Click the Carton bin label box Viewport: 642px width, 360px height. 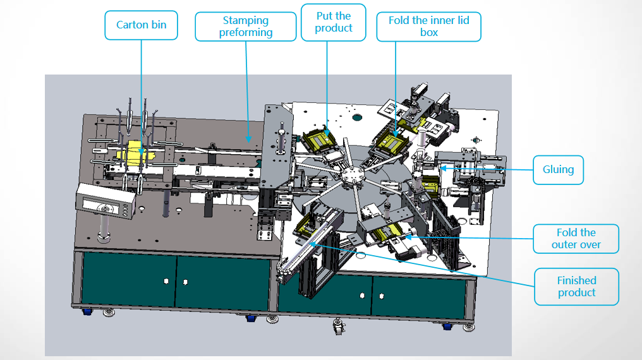tap(140, 25)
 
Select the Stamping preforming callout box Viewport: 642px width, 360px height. tap(245, 27)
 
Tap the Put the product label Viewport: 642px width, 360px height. tap(333, 22)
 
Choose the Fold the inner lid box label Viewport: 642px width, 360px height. tap(428, 27)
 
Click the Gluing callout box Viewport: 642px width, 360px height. tap(558, 169)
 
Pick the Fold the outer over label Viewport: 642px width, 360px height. tap(576, 239)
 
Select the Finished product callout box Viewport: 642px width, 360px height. tap(576, 286)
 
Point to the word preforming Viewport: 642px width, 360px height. tap(246, 32)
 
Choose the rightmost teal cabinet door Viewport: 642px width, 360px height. tap(420, 294)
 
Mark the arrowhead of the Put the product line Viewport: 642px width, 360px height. tap(327, 131)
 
